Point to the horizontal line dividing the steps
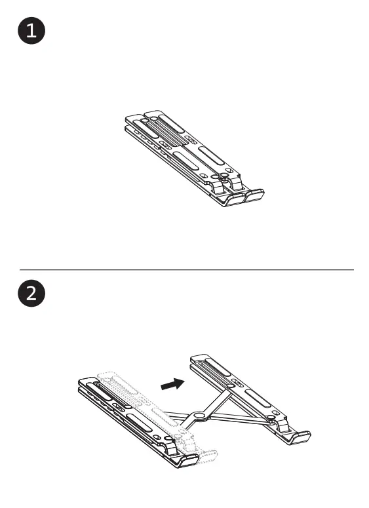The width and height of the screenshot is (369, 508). [x=186, y=269]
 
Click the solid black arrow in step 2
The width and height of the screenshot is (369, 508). [x=172, y=385]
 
